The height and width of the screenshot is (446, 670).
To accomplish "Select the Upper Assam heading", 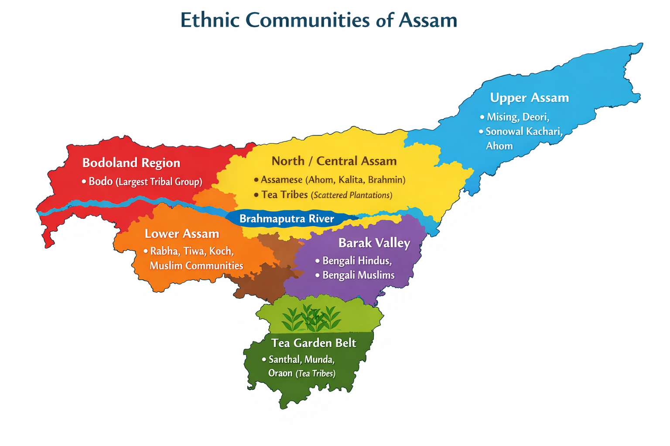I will point(529,98).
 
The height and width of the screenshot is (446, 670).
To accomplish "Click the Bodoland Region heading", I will point(131,163).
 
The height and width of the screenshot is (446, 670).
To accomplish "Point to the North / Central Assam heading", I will point(334,161).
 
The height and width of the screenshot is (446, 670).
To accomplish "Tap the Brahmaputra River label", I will point(287,219).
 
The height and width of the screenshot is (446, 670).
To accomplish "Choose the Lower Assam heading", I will point(182,234).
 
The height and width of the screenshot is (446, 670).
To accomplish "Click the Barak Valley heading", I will point(374,243).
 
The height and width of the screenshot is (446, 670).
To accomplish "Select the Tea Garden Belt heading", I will point(314,343).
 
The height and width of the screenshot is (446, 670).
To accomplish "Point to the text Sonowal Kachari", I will point(523,132).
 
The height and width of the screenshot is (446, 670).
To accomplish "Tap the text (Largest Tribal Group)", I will point(159,182).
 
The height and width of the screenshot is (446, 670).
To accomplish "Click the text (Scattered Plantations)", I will point(351,196).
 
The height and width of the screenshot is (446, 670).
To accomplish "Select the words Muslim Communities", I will point(196,266).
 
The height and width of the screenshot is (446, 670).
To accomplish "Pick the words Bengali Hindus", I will point(356,261).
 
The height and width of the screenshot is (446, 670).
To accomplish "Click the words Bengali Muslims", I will point(358,275).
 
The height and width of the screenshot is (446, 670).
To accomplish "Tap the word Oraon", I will point(280,373).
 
